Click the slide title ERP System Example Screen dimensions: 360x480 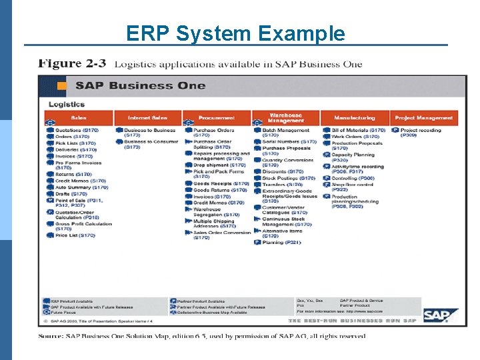(235, 33)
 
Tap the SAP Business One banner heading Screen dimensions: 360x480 (132, 85)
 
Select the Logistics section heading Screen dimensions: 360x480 (67, 104)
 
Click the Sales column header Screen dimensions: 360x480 (79, 118)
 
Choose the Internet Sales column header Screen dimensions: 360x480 (147, 118)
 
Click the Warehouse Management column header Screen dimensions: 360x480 (285, 118)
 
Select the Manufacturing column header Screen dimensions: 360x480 (354, 118)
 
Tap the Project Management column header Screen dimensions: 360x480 (424, 118)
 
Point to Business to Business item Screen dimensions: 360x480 (150, 131)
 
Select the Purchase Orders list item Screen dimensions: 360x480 (214, 131)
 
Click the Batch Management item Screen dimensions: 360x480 (286, 131)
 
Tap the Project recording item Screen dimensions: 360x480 (421, 131)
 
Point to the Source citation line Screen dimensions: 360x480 (201, 336)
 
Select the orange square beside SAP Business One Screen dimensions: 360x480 (62, 85)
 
